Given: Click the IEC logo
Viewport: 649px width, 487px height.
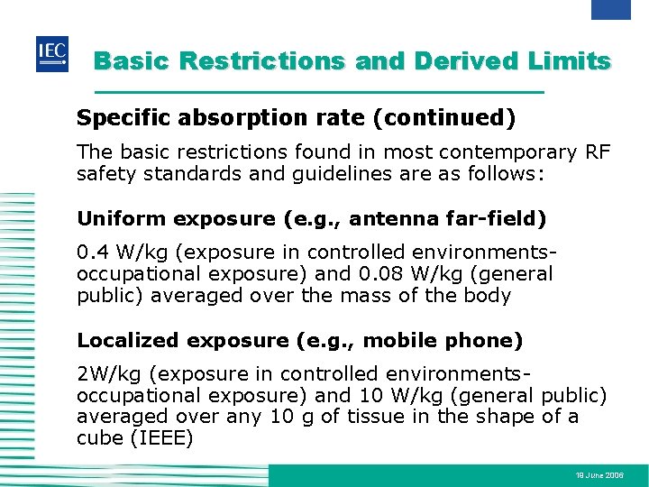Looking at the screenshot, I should [51, 55].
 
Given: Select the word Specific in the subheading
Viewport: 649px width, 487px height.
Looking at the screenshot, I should [114, 118].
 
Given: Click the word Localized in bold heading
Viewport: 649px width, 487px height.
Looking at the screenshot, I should [129, 340].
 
